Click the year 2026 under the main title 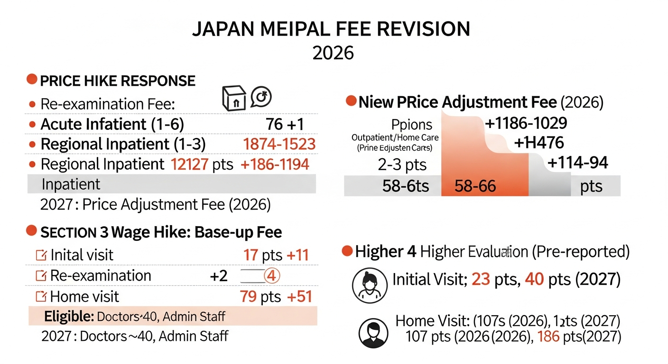coord(333,52)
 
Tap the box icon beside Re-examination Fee coord(233,99)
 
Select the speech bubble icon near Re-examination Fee coord(260,97)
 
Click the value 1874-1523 coord(279,144)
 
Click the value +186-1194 coord(275,164)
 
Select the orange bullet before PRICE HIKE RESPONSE coord(32,79)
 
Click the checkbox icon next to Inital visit coord(41,255)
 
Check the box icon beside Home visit coord(41,297)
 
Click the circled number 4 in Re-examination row coord(271,276)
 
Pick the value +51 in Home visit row coord(299,297)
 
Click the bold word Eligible coord(68,316)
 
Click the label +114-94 coord(577,163)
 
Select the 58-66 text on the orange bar coord(475,186)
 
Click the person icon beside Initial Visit coord(368,286)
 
